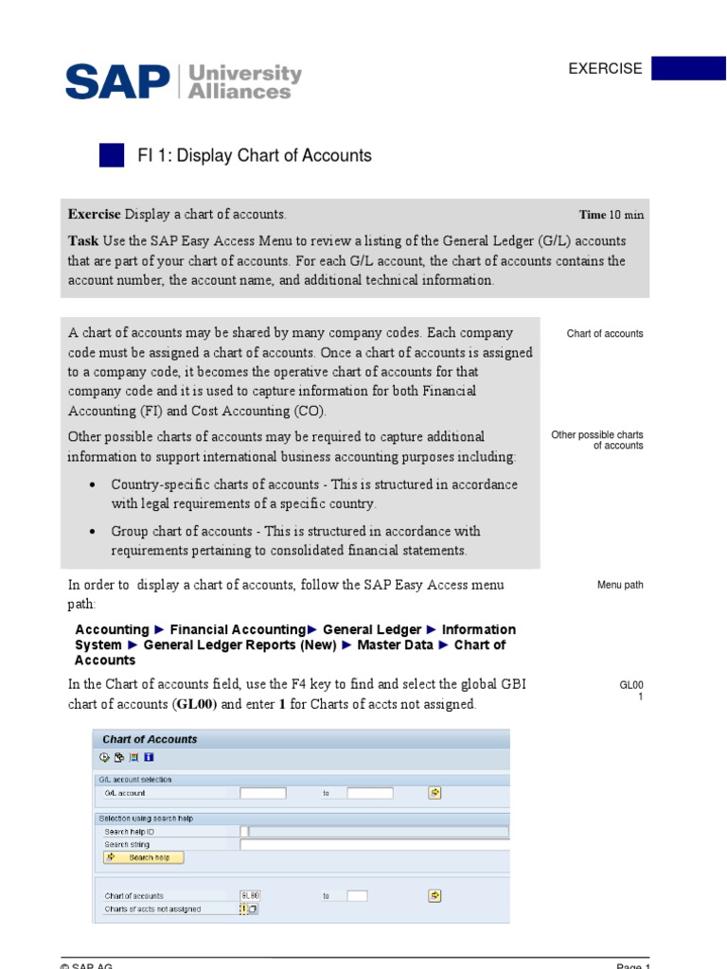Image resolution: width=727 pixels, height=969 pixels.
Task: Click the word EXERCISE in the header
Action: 605,68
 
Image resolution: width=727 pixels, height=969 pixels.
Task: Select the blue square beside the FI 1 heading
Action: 112,155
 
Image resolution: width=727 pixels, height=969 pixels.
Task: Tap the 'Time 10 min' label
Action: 612,215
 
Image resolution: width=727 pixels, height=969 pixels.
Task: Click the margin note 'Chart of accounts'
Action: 605,334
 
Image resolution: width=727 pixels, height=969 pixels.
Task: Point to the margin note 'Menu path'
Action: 620,585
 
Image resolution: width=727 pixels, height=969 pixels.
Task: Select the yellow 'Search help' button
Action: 143,857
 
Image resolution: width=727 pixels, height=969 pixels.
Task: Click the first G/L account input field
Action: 262,793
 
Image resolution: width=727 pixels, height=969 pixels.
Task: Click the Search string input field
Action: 374,844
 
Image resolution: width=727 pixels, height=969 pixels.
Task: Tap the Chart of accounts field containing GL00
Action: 251,895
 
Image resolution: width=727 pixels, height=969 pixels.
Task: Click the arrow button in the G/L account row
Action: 434,793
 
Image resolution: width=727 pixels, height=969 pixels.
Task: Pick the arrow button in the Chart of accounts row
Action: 434,895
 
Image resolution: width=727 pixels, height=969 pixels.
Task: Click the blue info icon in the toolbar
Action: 150,757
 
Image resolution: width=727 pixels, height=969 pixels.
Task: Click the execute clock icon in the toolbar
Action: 104,757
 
